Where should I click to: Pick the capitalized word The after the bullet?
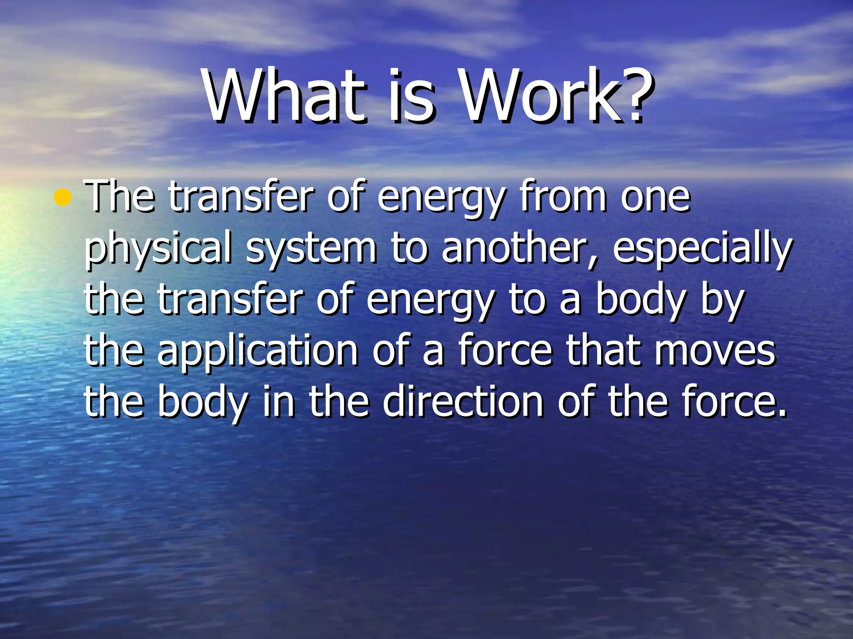click(x=120, y=196)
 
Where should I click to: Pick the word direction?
click(x=463, y=401)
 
